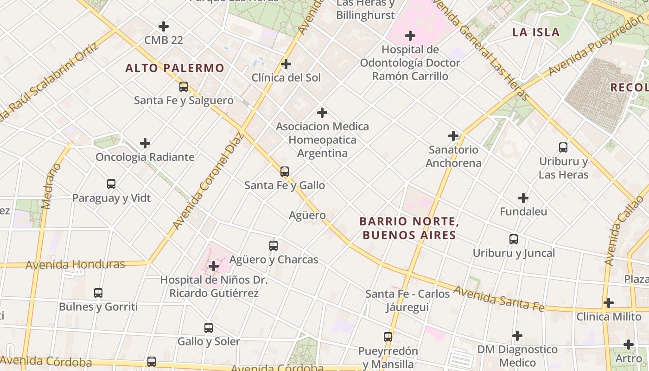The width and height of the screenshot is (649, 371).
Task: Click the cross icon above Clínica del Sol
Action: [x=286, y=64]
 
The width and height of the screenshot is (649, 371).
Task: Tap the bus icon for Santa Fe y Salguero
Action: [x=184, y=87]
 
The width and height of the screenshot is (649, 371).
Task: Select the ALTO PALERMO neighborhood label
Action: [x=175, y=68]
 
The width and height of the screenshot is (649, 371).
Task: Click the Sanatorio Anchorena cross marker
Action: [x=453, y=136]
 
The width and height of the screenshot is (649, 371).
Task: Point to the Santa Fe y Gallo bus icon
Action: [x=285, y=172]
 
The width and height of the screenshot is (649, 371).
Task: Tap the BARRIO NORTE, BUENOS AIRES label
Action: [x=409, y=228]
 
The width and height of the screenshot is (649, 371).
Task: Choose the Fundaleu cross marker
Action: [x=523, y=198]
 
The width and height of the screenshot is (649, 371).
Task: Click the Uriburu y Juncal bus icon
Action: [x=514, y=239]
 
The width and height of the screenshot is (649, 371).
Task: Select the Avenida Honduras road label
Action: [x=75, y=265]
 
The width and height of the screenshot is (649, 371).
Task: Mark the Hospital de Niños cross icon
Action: [x=214, y=266]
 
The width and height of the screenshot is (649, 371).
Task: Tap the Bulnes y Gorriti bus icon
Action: [x=98, y=293]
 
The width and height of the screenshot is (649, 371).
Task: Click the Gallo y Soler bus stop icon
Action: [x=209, y=328]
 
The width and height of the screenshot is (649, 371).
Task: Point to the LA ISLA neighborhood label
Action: [x=536, y=32]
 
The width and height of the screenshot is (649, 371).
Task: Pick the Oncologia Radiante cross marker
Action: [x=145, y=143]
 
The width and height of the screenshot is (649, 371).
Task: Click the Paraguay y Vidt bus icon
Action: [x=111, y=184]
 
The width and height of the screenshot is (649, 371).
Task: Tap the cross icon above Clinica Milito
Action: [x=609, y=303]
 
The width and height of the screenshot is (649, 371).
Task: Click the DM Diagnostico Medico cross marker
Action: [x=517, y=336]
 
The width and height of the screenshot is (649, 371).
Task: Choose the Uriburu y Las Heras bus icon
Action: [x=563, y=147]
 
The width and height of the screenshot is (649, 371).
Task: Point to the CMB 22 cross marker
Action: [x=164, y=26]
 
